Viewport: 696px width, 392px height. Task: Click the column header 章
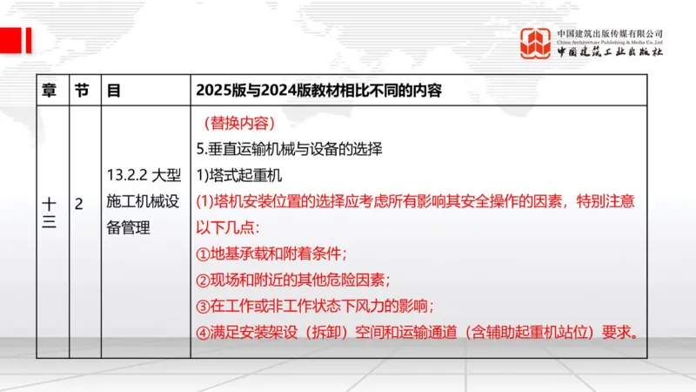pos(50,90)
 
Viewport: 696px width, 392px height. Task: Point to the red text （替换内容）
pos(238,123)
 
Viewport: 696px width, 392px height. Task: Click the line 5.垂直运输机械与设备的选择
pos(289,149)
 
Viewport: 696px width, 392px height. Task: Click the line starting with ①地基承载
pos(271,253)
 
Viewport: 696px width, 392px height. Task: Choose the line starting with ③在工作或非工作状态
pos(315,306)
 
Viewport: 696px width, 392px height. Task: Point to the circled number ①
pos(204,253)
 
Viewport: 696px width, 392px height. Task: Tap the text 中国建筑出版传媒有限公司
pos(610,32)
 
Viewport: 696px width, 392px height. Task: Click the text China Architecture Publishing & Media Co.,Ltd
pos(610,41)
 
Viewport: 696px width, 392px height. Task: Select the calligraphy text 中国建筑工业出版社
pos(610,52)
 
